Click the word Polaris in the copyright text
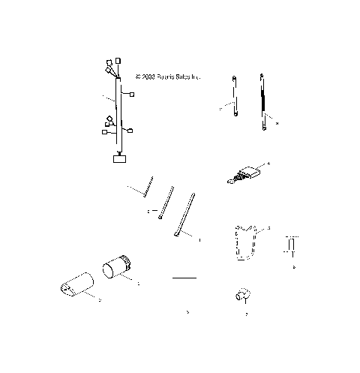pos(165,77)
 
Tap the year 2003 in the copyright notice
pos(148,77)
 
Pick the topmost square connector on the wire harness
pos(118,59)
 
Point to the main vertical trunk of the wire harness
pos(118,113)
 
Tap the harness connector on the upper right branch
pos(133,95)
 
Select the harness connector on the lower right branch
pos(130,131)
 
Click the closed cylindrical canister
pos(117,266)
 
